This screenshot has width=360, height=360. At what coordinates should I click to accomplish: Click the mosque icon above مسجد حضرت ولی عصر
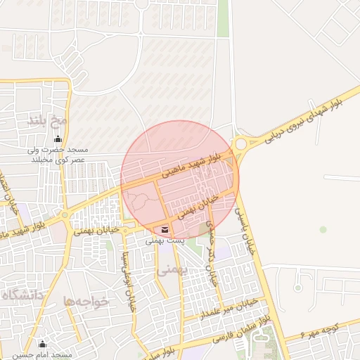point(57,138)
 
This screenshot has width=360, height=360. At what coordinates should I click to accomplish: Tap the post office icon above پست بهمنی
point(165,229)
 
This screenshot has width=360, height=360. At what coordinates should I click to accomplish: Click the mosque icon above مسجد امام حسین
point(42,344)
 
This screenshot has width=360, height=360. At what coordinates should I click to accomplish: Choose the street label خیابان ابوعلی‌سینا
point(129,284)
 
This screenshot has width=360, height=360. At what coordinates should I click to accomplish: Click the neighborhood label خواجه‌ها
point(86,301)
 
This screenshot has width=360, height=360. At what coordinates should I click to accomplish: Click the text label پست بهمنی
point(165,240)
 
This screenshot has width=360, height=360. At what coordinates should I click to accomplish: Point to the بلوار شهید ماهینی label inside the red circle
point(198,161)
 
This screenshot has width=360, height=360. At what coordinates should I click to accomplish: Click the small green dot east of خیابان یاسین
point(323,229)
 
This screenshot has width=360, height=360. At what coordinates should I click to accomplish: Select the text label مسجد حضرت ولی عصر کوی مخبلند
point(57,155)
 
